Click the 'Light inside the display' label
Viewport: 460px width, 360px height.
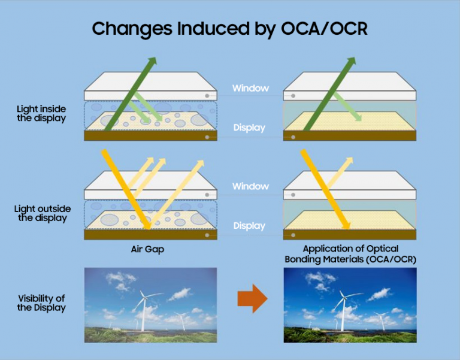41,113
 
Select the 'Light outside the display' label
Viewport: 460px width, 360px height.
43,213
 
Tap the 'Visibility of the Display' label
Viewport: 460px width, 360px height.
41,303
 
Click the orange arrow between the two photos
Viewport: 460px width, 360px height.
252,298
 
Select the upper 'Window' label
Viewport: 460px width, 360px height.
250,89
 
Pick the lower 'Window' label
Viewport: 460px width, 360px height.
250,187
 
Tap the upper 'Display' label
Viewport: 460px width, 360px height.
249,128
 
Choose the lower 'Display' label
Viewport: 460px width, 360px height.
249,226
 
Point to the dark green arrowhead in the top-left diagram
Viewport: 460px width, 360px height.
152,62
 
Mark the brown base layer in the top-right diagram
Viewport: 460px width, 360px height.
350,136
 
